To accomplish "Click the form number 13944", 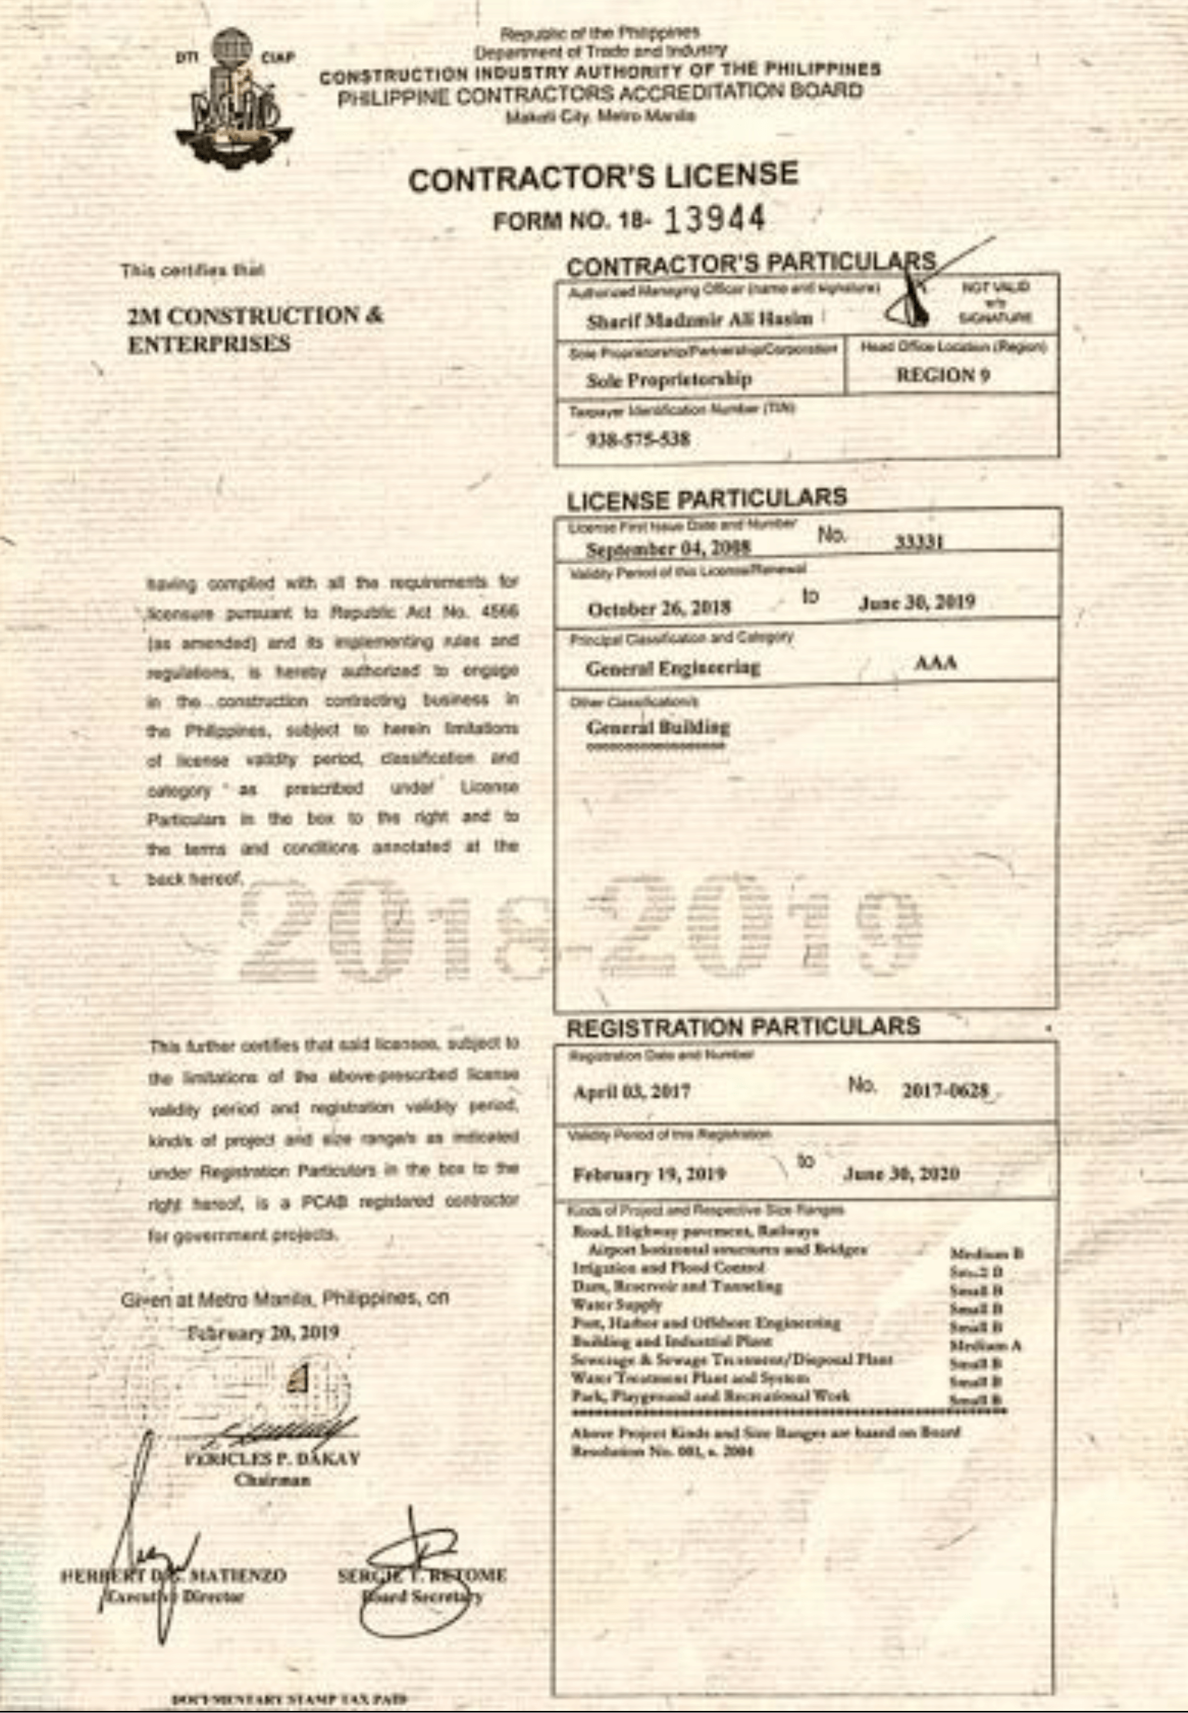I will tap(714, 219).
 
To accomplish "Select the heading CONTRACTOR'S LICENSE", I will tap(603, 177).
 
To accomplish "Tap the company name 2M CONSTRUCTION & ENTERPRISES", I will tap(254, 330).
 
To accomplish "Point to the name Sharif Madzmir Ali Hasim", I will tap(699, 320).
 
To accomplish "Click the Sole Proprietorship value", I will tap(669, 380).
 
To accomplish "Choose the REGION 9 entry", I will tap(943, 375).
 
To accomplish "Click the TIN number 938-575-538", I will tap(639, 439).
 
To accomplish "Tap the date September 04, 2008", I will tap(668, 548).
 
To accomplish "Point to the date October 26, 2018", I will tap(659, 608).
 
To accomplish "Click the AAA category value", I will tap(936, 662).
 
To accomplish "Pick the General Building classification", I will tap(658, 726).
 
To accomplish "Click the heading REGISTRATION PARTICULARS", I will tap(743, 1027).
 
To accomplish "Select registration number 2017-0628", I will tap(945, 1091).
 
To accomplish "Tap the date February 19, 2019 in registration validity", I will tap(649, 1174).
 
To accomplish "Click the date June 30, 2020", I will tap(901, 1174).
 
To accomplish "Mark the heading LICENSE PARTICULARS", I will tap(706, 498).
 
